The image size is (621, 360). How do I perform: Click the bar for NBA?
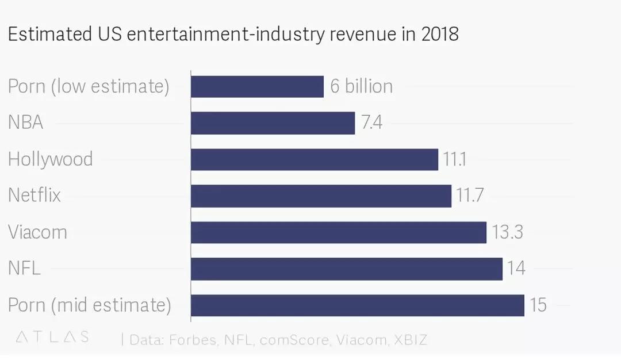pos(273,123)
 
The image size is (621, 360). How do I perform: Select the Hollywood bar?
pos(315,159)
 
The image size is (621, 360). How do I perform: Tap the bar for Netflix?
pos(321,196)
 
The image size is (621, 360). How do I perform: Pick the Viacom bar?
pos(339,232)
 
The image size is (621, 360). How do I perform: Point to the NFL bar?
pos(347,269)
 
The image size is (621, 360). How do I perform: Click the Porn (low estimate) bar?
pos(257,87)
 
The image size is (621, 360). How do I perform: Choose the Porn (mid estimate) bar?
pos(358,305)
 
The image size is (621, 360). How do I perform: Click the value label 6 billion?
pos(362,87)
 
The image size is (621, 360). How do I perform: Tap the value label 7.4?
pos(372,123)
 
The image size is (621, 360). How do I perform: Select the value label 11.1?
pos(455,159)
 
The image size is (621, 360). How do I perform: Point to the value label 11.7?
pos(470,196)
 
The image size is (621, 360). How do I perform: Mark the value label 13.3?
pos(507,232)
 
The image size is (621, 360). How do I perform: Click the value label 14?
pos(516,269)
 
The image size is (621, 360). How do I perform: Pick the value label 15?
pos(538,305)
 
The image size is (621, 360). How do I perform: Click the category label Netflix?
pos(34,196)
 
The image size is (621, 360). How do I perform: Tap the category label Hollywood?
pos(51,159)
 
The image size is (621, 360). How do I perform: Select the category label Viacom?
pos(37,232)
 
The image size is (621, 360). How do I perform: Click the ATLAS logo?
pos(52,337)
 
